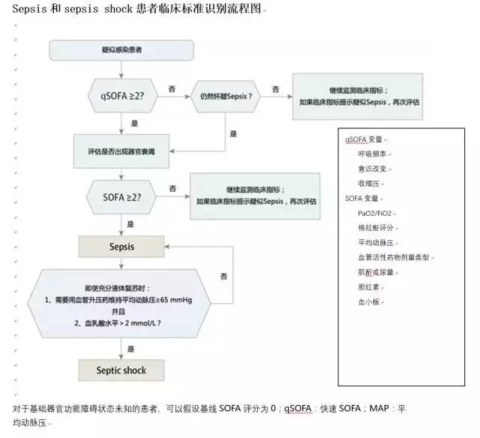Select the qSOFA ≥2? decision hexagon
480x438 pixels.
coord(123,94)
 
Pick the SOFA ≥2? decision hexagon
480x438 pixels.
coord(122,196)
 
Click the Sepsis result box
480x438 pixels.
coord(121,246)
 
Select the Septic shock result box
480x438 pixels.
coord(121,370)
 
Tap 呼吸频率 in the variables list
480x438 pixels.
coord(373,154)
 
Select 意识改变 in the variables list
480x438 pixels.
coord(373,169)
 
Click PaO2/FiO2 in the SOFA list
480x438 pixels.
coord(375,212)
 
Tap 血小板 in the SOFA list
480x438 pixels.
coord(369,301)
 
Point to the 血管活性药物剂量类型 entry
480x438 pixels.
coord(394,256)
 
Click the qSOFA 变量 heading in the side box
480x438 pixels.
coord(365,139)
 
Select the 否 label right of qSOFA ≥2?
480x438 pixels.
coord(172,89)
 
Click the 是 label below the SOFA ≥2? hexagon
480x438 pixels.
coord(130,223)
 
